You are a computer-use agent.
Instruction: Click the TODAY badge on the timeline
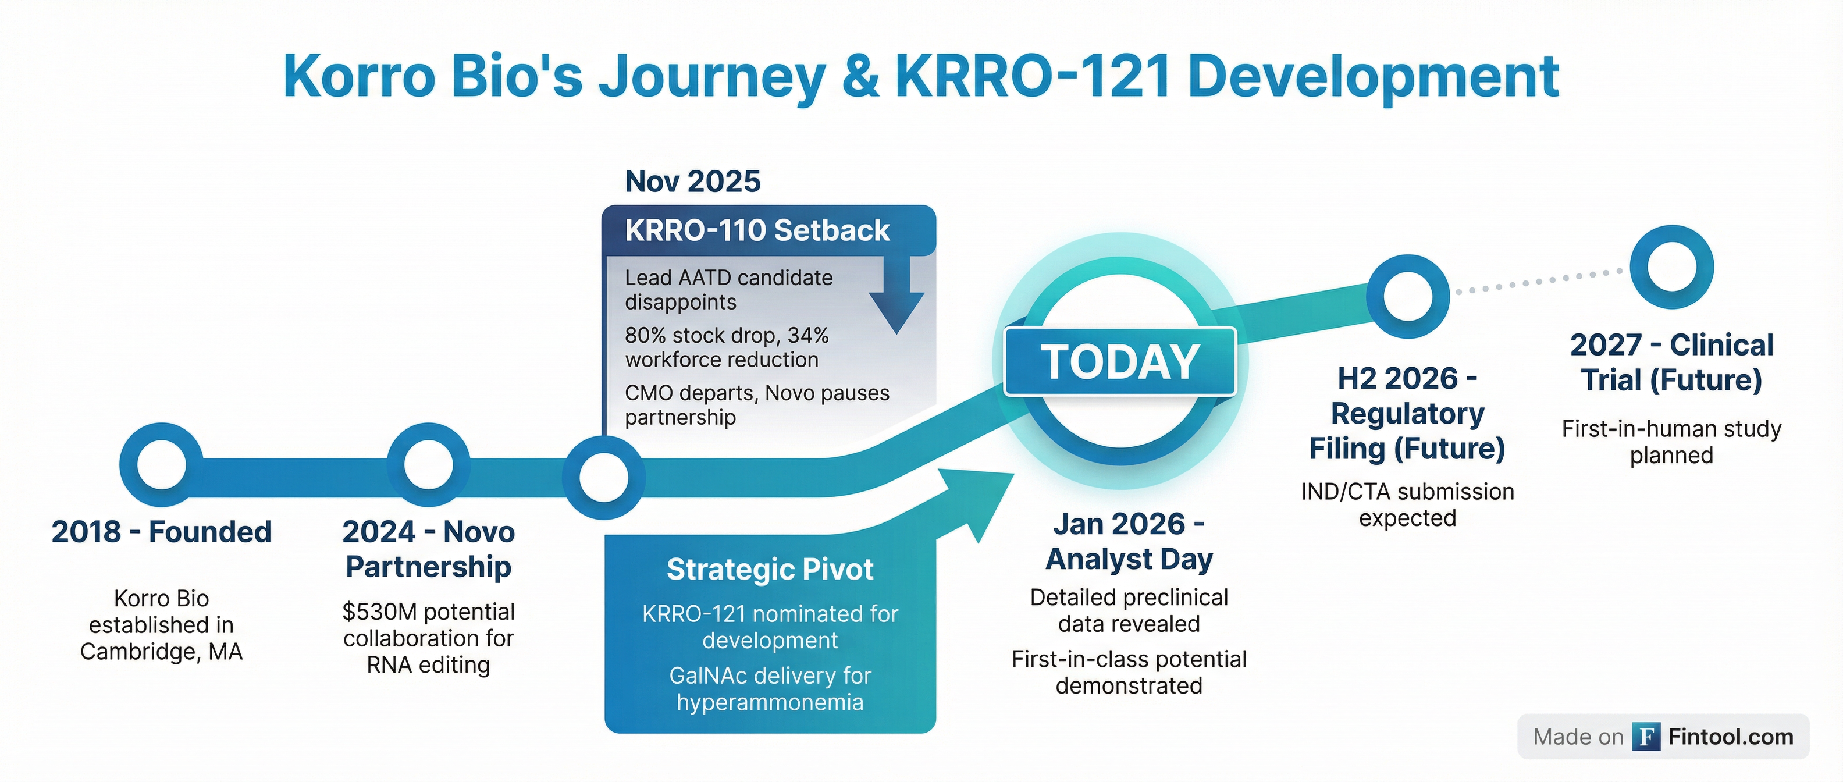[x=1120, y=361]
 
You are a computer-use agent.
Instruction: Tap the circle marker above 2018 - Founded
[x=161, y=464]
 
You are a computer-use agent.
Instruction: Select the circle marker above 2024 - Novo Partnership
[x=429, y=464]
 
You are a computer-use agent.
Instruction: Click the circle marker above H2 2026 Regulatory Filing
[x=1407, y=296]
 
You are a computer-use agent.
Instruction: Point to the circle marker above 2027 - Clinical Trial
[x=1671, y=268]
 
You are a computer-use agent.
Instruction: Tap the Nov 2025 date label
[x=692, y=181]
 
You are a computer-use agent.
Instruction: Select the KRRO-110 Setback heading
[x=757, y=230]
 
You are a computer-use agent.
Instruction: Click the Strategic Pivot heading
[x=770, y=570]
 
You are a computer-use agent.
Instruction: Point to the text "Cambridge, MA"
[x=162, y=652]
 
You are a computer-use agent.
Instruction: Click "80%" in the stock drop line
[x=645, y=336]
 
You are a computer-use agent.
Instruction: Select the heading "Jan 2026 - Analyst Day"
[x=1129, y=542]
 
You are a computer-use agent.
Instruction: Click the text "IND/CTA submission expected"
[x=1407, y=504]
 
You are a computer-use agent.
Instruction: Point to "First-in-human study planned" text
[x=1671, y=442]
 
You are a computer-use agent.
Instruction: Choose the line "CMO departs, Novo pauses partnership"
[x=756, y=405]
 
